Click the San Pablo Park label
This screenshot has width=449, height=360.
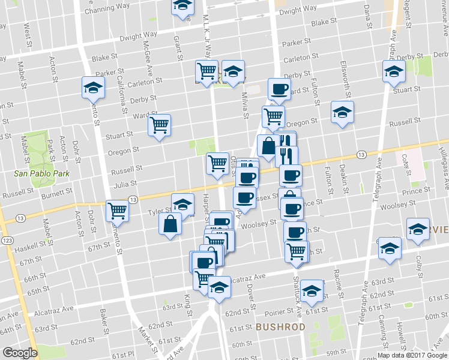coord(42,173)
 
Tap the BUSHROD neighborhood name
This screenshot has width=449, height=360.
coord(280,327)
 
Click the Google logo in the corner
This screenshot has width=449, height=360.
coord(20,353)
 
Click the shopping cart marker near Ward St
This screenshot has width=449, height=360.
coord(160,125)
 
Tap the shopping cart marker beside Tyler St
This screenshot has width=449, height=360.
coord(117,211)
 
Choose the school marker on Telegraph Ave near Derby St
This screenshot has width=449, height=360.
coord(393,71)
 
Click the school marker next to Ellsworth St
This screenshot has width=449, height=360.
coord(342,112)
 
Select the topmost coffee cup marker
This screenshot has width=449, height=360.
coord(279,89)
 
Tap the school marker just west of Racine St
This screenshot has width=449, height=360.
coord(312,292)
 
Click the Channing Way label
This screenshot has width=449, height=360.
coord(107,9)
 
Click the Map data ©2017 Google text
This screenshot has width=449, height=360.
coord(412,355)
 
